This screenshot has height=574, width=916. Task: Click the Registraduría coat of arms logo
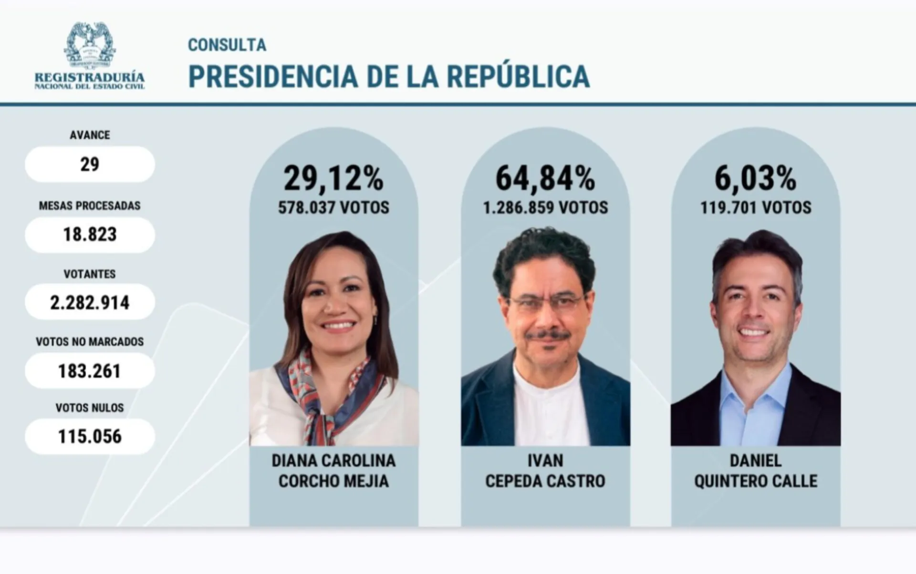(x=90, y=45)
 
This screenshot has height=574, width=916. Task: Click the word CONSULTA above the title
(x=227, y=45)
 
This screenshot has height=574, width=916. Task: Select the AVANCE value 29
(x=90, y=164)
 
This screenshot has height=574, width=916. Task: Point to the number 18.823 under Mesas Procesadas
(x=90, y=235)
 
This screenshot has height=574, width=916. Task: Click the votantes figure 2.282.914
(x=90, y=302)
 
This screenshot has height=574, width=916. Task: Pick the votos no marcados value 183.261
(x=90, y=371)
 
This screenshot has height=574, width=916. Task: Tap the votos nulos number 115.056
(x=90, y=436)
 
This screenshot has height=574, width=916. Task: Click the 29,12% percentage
(x=333, y=178)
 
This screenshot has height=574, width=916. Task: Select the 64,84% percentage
(x=545, y=178)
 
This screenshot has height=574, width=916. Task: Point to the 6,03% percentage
(x=755, y=178)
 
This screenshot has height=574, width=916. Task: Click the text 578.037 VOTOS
(x=333, y=208)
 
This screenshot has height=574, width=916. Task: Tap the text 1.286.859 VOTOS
(x=545, y=208)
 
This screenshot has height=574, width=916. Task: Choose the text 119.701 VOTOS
(x=755, y=208)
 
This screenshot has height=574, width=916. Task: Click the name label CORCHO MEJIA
(x=333, y=481)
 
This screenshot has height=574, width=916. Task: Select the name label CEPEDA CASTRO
(x=545, y=481)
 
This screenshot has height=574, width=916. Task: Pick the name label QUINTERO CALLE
(x=755, y=481)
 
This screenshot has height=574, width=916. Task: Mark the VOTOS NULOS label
(x=90, y=408)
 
